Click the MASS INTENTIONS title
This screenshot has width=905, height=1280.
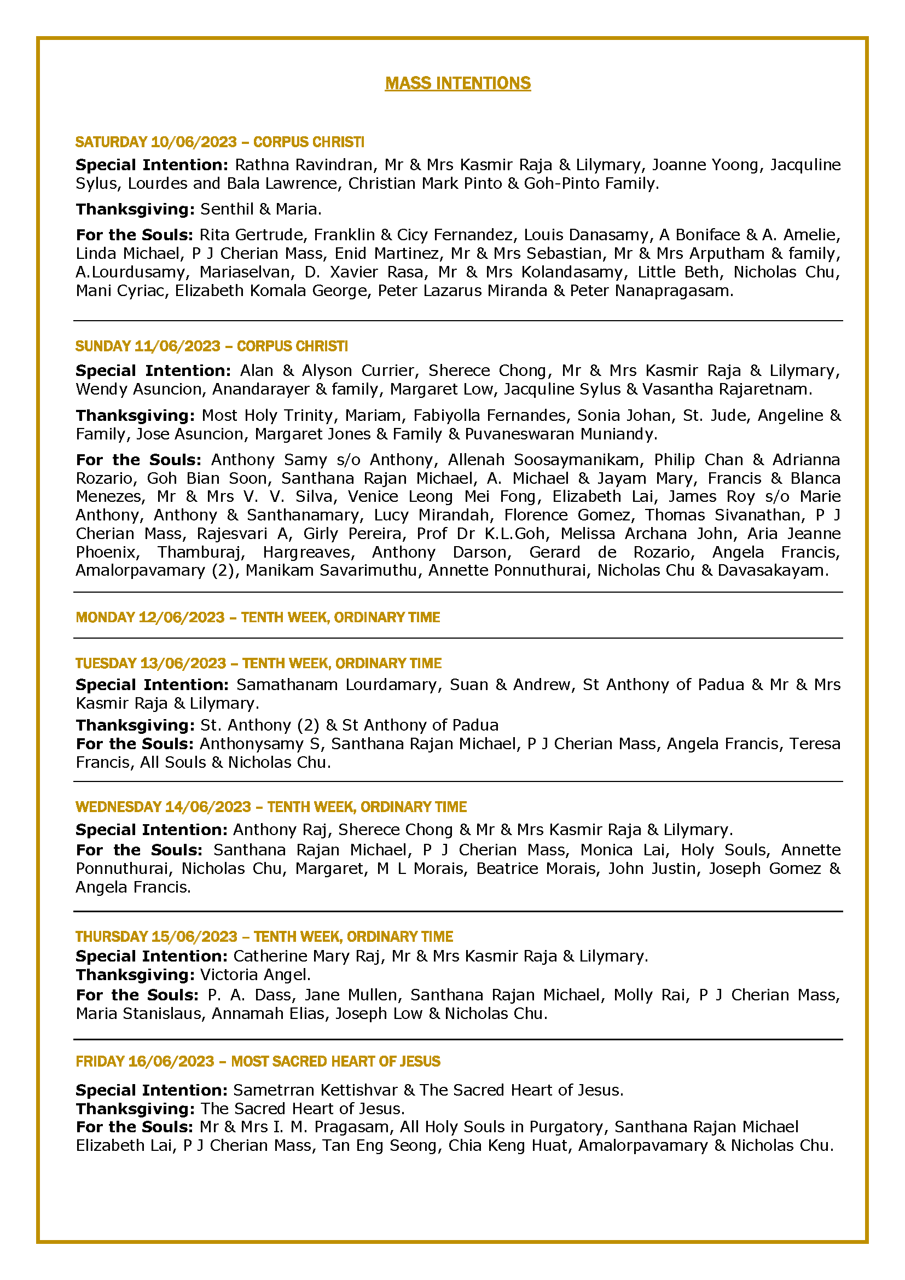[457, 83]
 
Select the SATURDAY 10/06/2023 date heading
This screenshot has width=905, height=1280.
[156, 142]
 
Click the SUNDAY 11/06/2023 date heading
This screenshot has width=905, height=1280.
[148, 346]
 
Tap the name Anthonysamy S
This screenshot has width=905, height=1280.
[259, 744]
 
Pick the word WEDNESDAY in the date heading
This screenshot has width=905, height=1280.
[118, 807]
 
